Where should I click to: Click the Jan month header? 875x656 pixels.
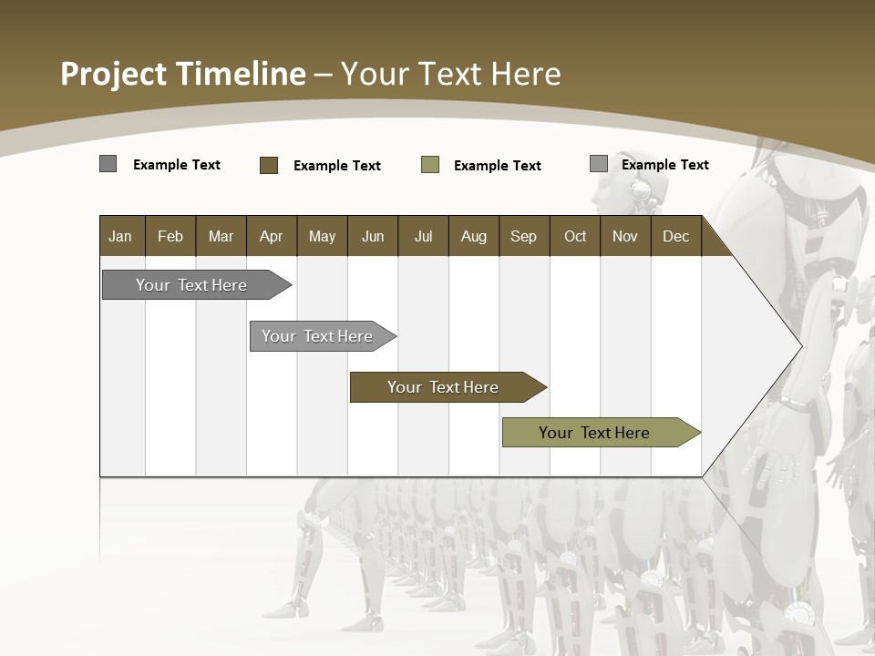coord(120,236)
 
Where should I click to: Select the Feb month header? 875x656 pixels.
coord(170,236)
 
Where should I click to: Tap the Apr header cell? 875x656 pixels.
coord(271,236)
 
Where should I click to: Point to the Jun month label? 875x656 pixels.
coord(373,236)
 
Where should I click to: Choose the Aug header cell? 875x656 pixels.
coord(473,236)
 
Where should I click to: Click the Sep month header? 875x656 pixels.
coord(523,236)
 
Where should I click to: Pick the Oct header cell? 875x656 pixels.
coord(575,236)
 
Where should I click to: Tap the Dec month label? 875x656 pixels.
coord(675,236)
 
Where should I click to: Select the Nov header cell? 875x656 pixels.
coord(625,236)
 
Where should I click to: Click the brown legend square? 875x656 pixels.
coord(269,165)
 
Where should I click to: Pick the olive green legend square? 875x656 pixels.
coord(430,165)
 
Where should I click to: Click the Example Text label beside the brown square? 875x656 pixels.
coord(337,166)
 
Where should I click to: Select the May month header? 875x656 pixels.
coord(322,236)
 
